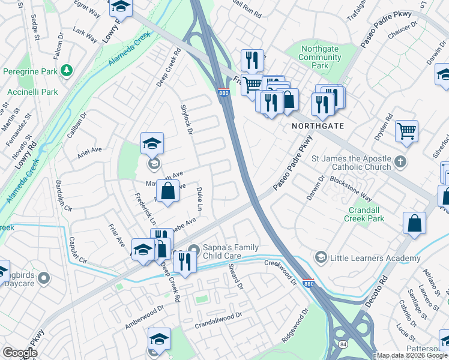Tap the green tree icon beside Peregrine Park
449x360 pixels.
[x=67, y=71]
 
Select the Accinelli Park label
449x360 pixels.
[x=32, y=92]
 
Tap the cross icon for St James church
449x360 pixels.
[x=402, y=163]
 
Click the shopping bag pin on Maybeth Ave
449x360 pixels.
[x=167, y=191]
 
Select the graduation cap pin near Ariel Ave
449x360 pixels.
[x=152, y=143]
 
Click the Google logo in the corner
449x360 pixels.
[x=19, y=353]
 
